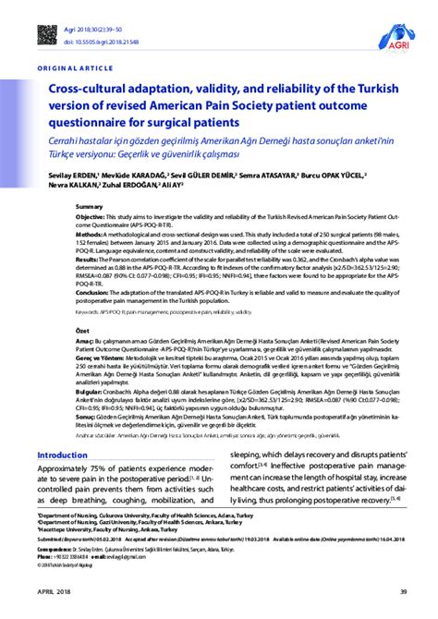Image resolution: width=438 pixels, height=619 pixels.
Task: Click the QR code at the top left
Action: tap(48, 35)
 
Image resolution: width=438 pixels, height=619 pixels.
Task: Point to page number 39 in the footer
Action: tap(402, 591)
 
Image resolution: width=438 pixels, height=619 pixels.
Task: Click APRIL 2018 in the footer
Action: tap(53, 591)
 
